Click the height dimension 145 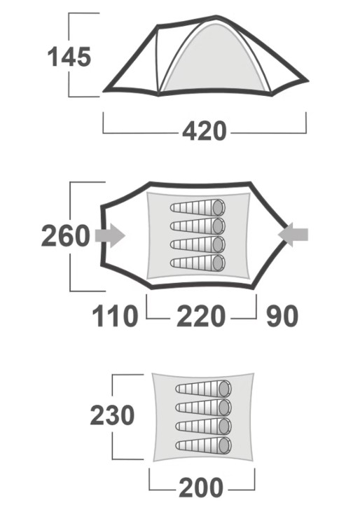(69, 57)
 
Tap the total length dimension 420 (205, 132)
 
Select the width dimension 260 (66, 236)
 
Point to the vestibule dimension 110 (115, 317)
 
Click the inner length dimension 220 (201, 317)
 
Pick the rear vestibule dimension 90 (282, 317)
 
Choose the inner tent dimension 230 (112, 415)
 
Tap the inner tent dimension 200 (201, 487)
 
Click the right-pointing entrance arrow (110, 236)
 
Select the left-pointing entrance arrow (293, 235)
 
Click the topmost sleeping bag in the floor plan (198, 207)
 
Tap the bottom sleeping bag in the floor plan (198, 263)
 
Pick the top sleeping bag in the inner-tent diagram (204, 389)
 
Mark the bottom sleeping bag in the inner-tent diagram (204, 445)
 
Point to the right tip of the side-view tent (308, 81)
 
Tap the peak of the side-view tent (216, 17)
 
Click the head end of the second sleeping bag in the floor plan (219, 226)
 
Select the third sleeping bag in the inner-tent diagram (204, 427)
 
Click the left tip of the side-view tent (104, 90)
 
